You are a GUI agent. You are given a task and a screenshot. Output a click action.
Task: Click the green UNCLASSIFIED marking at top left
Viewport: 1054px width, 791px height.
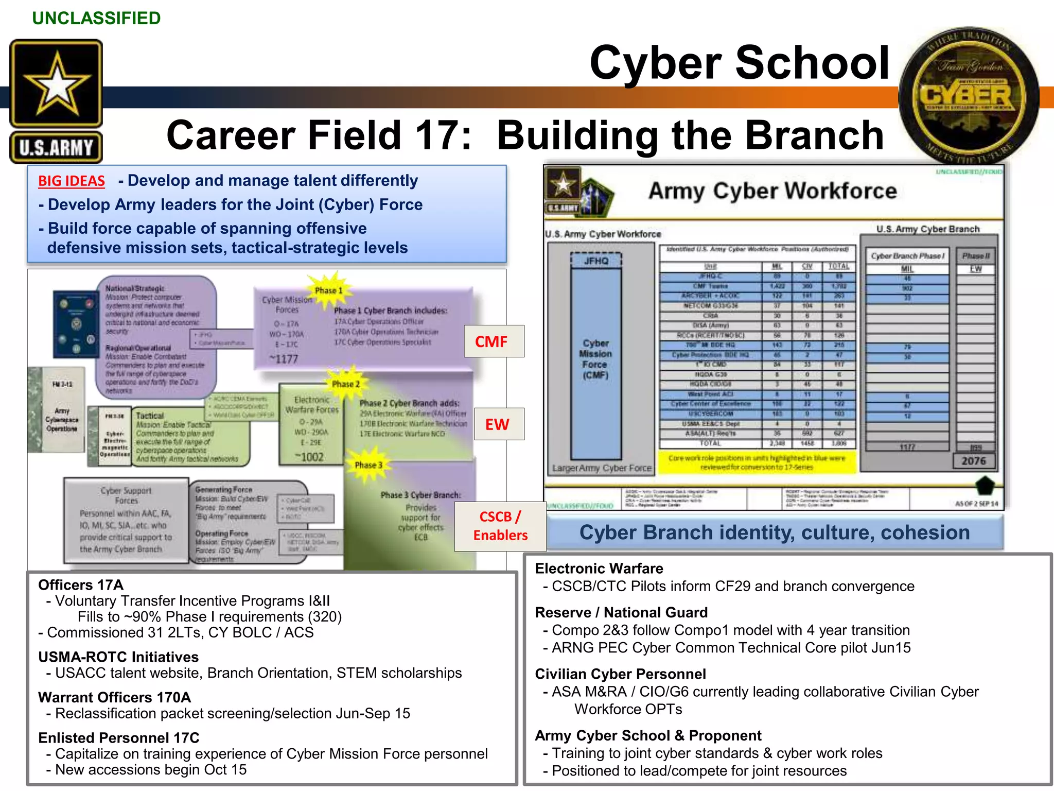(96, 19)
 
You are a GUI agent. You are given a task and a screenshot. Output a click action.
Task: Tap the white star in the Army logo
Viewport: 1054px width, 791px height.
(57, 85)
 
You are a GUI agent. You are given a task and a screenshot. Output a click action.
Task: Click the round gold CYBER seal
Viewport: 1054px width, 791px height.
(968, 96)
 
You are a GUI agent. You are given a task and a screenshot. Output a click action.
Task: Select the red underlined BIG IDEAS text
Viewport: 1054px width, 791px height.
(72, 181)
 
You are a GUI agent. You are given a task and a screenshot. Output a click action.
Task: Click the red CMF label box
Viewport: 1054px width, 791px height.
(494, 341)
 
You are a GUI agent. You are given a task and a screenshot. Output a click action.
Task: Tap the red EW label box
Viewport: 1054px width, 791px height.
(498, 424)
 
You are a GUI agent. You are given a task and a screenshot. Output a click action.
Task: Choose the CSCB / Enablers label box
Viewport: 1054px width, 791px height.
(500, 526)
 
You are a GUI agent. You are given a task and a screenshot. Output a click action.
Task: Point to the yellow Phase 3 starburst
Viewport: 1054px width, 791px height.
(368, 465)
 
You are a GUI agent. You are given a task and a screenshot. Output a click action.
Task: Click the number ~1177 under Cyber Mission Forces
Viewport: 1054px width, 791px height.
(284, 359)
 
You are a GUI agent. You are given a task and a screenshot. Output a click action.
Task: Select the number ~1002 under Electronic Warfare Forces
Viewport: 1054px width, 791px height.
(309, 457)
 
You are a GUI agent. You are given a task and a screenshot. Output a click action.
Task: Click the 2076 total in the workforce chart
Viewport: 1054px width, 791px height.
(974, 461)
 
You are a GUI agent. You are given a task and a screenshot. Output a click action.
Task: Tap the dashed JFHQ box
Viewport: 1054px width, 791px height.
(596, 261)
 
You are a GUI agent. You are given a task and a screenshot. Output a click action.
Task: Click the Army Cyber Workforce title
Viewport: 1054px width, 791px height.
(772, 191)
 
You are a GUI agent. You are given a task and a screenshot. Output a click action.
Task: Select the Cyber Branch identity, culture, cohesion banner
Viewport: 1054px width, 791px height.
(774, 532)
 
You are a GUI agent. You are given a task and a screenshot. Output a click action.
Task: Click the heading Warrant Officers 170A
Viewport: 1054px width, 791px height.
(114, 697)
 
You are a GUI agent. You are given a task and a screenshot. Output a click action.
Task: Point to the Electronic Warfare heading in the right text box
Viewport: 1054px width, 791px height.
(599, 569)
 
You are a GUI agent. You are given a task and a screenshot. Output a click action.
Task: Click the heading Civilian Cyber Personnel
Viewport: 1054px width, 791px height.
(620, 674)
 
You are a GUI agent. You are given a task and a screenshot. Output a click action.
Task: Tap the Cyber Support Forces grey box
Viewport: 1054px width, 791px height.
(126, 520)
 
